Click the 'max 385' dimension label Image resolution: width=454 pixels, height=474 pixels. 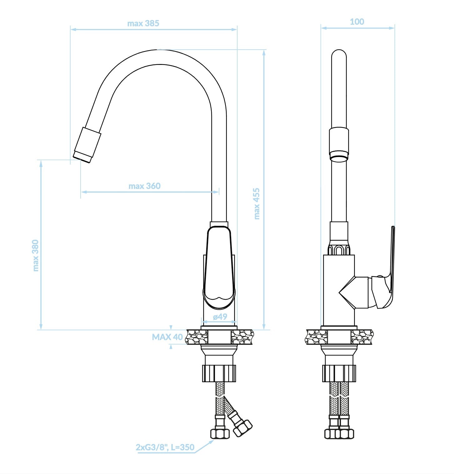click(143, 23)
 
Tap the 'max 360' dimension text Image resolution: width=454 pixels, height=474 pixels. click(145, 186)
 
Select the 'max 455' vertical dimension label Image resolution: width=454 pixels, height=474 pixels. click(257, 204)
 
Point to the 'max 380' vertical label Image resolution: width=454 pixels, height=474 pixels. click(36, 255)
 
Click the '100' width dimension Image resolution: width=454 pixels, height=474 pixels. click(357, 22)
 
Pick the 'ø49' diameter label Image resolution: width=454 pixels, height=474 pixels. click(220, 317)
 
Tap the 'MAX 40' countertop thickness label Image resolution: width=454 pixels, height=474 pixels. click(167, 337)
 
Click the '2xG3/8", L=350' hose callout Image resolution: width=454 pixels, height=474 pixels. click(165, 447)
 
